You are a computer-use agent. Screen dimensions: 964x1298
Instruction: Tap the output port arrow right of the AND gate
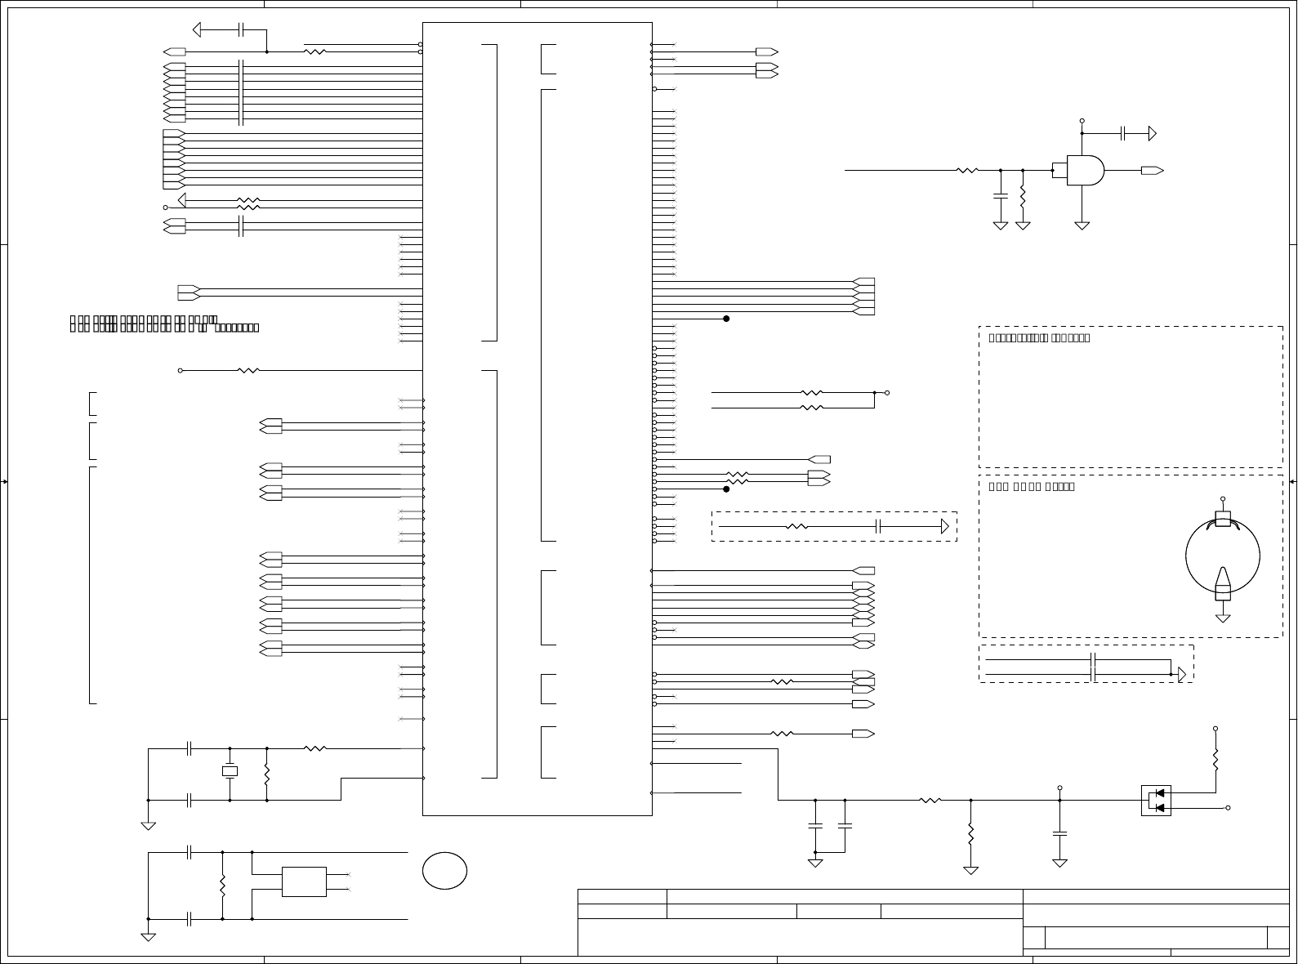point(1153,171)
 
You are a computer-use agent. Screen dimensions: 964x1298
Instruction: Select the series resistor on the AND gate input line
point(967,171)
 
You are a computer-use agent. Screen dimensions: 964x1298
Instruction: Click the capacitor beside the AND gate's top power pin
point(1124,132)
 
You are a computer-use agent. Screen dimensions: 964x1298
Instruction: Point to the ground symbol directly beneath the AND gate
point(1082,225)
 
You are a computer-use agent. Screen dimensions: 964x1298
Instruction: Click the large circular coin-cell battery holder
point(1222,556)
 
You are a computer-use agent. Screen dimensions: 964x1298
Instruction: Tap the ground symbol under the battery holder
point(1223,618)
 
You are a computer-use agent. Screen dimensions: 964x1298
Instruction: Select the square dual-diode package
point(1156,801)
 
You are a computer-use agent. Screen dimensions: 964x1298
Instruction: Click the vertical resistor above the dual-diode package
point(1215,760)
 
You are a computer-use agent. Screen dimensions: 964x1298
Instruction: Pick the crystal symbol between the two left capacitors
point(230,771)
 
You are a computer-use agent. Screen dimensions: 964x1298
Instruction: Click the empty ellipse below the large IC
point(444,871)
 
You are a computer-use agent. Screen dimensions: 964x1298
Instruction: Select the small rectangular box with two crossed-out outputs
point(304,881)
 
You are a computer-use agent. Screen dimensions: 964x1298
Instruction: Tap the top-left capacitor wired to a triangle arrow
point(241,30)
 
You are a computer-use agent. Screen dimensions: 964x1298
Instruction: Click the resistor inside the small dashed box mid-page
point(796,527)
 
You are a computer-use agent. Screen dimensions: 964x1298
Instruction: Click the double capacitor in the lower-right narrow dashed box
point(1093,667)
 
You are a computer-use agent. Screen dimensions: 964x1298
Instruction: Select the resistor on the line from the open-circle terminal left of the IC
point(248,370)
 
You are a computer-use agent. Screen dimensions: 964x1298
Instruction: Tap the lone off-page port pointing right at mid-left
point(189,292)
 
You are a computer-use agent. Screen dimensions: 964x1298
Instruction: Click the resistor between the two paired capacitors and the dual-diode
point(930,801)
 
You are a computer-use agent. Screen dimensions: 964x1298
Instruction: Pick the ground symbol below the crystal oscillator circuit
point(148,826)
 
